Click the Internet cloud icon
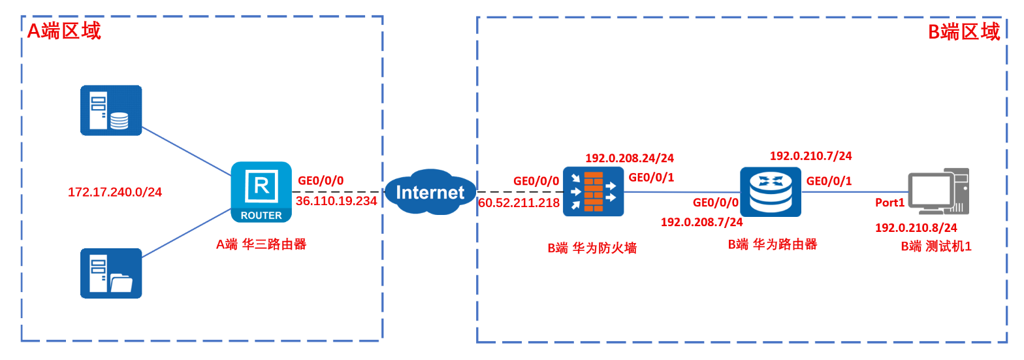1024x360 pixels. [430, 192]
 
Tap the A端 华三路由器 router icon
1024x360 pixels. [261, 192]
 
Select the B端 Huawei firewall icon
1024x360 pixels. [593, 192]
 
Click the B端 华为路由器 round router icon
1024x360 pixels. [771, 192]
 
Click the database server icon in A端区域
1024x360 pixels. [111, 110]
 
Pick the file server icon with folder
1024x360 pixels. [111, 273]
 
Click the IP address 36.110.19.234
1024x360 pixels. [336, 201]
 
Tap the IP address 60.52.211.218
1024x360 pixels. [519, 203]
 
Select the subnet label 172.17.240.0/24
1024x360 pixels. [115, 192]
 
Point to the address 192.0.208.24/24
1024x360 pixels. [630, 158]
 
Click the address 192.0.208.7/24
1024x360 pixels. [701, 223]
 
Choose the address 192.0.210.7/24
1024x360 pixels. [810, 156]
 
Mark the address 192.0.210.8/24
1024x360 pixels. [916, 228]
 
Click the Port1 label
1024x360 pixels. [889, 203]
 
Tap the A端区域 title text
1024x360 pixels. [63, 31]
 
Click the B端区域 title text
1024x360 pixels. [964, 32]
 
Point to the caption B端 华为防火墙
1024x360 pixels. [592, 248]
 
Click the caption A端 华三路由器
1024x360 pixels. [261, 245]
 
